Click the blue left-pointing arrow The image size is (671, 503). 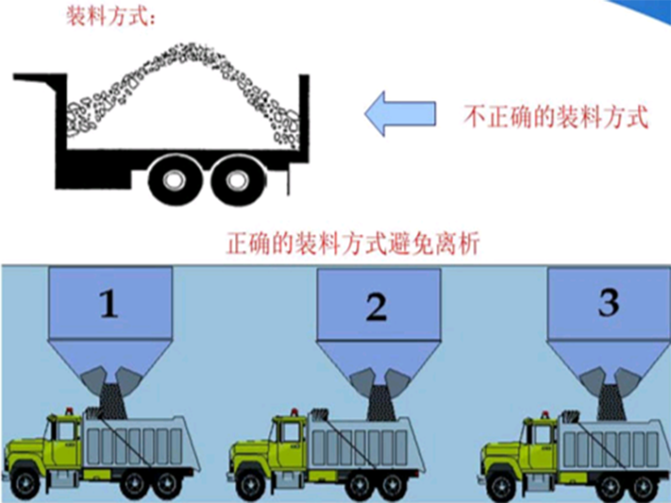[400, 114]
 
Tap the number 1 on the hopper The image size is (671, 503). [109, 304]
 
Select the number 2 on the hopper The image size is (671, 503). [377, 307]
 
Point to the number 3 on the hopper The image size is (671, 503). [608, 303]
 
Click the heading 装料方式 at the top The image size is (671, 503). [110, 17]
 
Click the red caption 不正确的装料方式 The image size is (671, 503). [556, 116]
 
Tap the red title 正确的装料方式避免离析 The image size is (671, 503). [352, 244]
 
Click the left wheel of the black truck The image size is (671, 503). [174, 180]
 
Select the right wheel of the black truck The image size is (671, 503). [237, 180]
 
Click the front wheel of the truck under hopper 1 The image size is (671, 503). [26, 483]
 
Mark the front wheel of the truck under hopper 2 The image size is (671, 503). [252, 485]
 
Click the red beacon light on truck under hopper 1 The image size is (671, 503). [69, 411]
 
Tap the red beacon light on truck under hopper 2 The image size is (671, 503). [294, 413]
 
